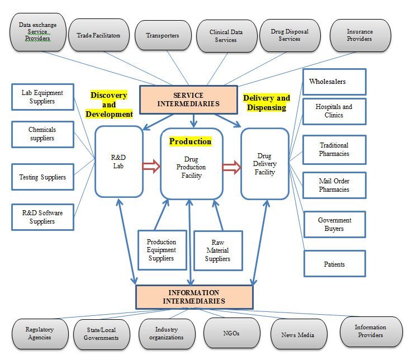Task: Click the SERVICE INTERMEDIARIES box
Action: coord(188,99)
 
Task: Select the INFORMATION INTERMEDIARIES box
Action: coord(194,297)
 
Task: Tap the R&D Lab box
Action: coord(118,162)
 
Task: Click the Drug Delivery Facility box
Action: coord(264,164)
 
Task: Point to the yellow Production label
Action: coord(190,141)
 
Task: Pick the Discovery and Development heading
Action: coord(109,105)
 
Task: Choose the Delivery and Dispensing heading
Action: coord(267,103)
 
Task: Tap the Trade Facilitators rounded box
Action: coord(98,36)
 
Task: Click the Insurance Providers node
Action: coord(359,36)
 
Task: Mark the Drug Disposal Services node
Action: coord(289,36)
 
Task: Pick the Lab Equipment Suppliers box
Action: coord(42,97)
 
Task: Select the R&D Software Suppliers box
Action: coord(42,217)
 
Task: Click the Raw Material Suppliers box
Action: coord(218,250)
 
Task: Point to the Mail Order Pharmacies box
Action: coord(334,185)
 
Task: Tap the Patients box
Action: coord(334,264)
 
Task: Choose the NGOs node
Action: coord(231,333)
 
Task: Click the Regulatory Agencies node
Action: coord(40,334)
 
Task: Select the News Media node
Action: coord(299,334)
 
